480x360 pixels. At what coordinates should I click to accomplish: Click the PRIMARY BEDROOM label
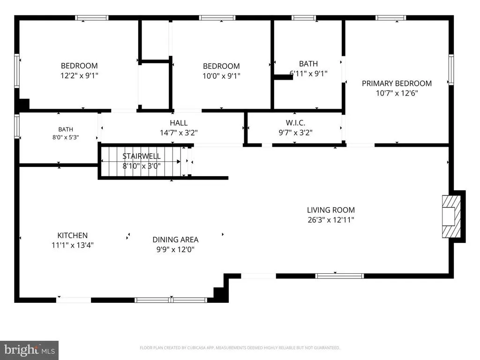click(397, 83)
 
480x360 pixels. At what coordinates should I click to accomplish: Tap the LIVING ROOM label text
click(331, 210)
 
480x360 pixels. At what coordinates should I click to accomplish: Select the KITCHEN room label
click(73, 235)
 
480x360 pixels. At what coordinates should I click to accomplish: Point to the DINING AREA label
click(175, 240)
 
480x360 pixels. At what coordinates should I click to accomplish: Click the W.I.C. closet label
click(295, 123)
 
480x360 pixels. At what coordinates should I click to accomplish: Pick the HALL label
click(179, 123)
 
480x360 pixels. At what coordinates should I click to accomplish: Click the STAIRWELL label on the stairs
click(142, 156)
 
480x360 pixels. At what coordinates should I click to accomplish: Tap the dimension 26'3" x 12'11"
click(331, 220)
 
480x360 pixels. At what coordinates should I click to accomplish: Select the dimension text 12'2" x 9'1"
click(79, 75)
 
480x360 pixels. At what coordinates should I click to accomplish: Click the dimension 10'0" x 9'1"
click(221, 75)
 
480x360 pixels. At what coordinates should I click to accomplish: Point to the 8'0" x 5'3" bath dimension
click(66, 137)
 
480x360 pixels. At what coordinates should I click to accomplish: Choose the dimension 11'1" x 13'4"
click(73, 245)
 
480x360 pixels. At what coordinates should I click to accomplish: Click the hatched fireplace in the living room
click(451, 217)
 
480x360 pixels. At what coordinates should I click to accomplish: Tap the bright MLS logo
click(30, 350)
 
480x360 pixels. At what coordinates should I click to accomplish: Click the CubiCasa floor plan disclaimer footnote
click(240, 348)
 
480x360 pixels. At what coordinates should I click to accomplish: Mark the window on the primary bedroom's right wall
click(451, 69)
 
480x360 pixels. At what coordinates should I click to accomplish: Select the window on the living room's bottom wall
click(340, 276)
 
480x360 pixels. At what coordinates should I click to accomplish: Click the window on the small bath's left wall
click(17, 126)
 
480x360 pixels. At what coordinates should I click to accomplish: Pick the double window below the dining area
click(171, 300)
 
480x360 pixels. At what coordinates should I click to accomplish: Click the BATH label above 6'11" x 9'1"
click(308, 64)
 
